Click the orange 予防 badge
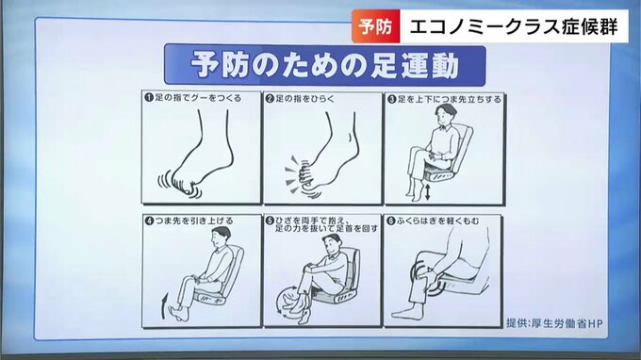point(376,26)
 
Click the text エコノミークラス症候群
point(514,27)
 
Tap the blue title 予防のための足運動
point(325,65)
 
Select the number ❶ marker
point(149,98)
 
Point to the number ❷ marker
point(270,98)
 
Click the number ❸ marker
point(391,99)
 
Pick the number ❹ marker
point(149,221)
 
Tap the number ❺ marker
point(270,221)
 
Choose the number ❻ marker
point(391,221)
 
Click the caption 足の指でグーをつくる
point(198,98)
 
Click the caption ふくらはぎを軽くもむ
point(437,221)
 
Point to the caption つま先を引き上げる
point(194,221)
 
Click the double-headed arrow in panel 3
point(428,192)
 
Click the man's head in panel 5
point(332,244)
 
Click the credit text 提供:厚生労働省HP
point(554,323)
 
